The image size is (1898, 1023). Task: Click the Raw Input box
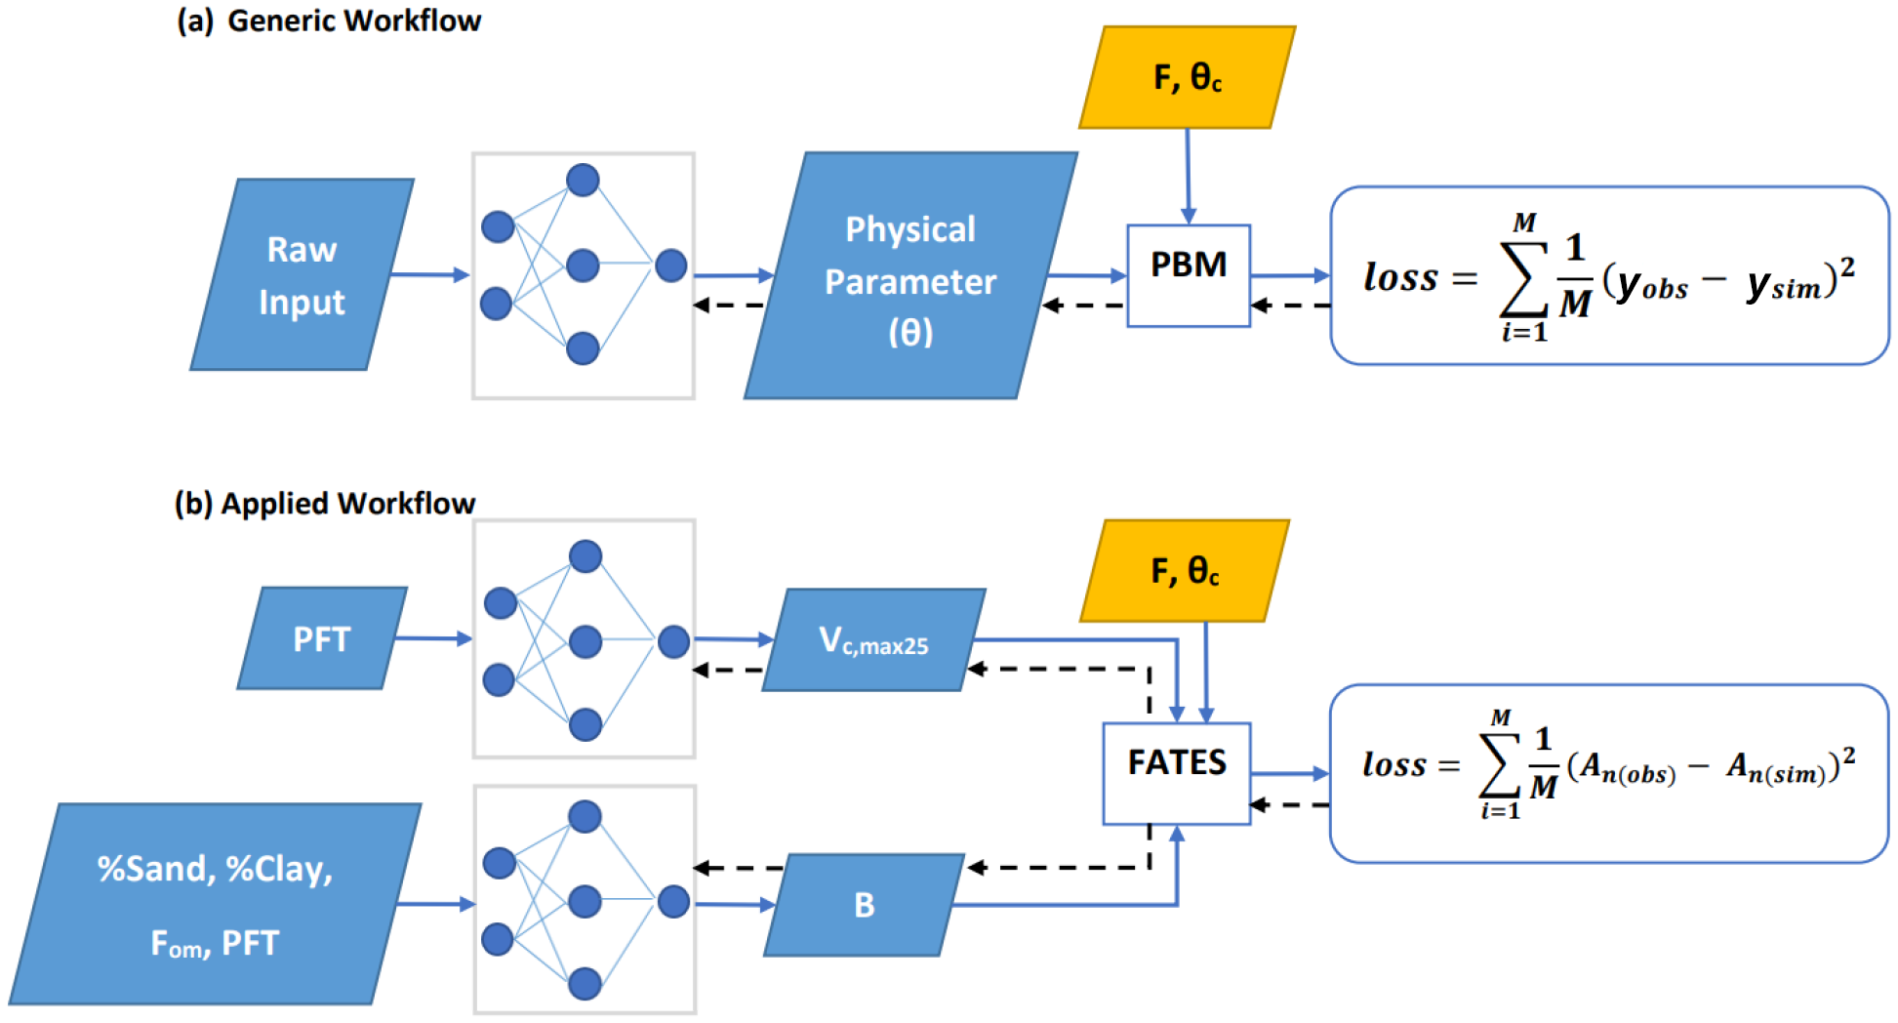click(x=302, y=274)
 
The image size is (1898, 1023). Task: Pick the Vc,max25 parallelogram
click(x=873, y=640)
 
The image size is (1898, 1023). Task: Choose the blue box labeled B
click(x=864, y=905)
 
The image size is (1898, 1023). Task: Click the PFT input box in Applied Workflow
click(x=322, y=638)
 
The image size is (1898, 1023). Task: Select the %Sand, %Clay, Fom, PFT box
click(x=215, y=904)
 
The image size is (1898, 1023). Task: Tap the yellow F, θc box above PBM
click(x=1187, y=77)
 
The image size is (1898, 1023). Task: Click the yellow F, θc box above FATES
click(x=1185, y=570)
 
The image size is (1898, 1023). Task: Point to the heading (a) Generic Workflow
click(x=329, y=20)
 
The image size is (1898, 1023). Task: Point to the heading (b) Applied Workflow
click(x=325, y=503)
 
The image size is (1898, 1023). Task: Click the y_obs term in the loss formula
click(x=1651, y=285)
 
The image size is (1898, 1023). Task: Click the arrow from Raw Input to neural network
click(x=430, y=275)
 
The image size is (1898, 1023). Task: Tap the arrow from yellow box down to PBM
click(x=1188, y=176)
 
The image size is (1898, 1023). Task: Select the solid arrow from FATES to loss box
click(x=1289, y=773)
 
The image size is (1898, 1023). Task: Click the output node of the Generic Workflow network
click(x=670, y=265)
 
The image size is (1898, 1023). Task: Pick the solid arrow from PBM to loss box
click(x=1289, y=275)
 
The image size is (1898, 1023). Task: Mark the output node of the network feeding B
click(x=673, y=901)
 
